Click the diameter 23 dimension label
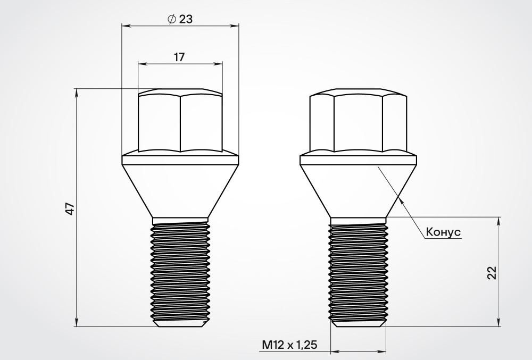click(x=180, y=19)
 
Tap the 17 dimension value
click(x=179, y=57)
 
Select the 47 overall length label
click(x=70, y=209)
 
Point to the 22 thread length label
click(x=492, y=273)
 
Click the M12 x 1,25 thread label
click(x=290, y=345)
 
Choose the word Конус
click(x=443, y=232)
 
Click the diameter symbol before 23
click(x=172, y=19)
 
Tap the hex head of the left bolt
click(x=180, y=120)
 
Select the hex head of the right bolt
click(x=358, y=120)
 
